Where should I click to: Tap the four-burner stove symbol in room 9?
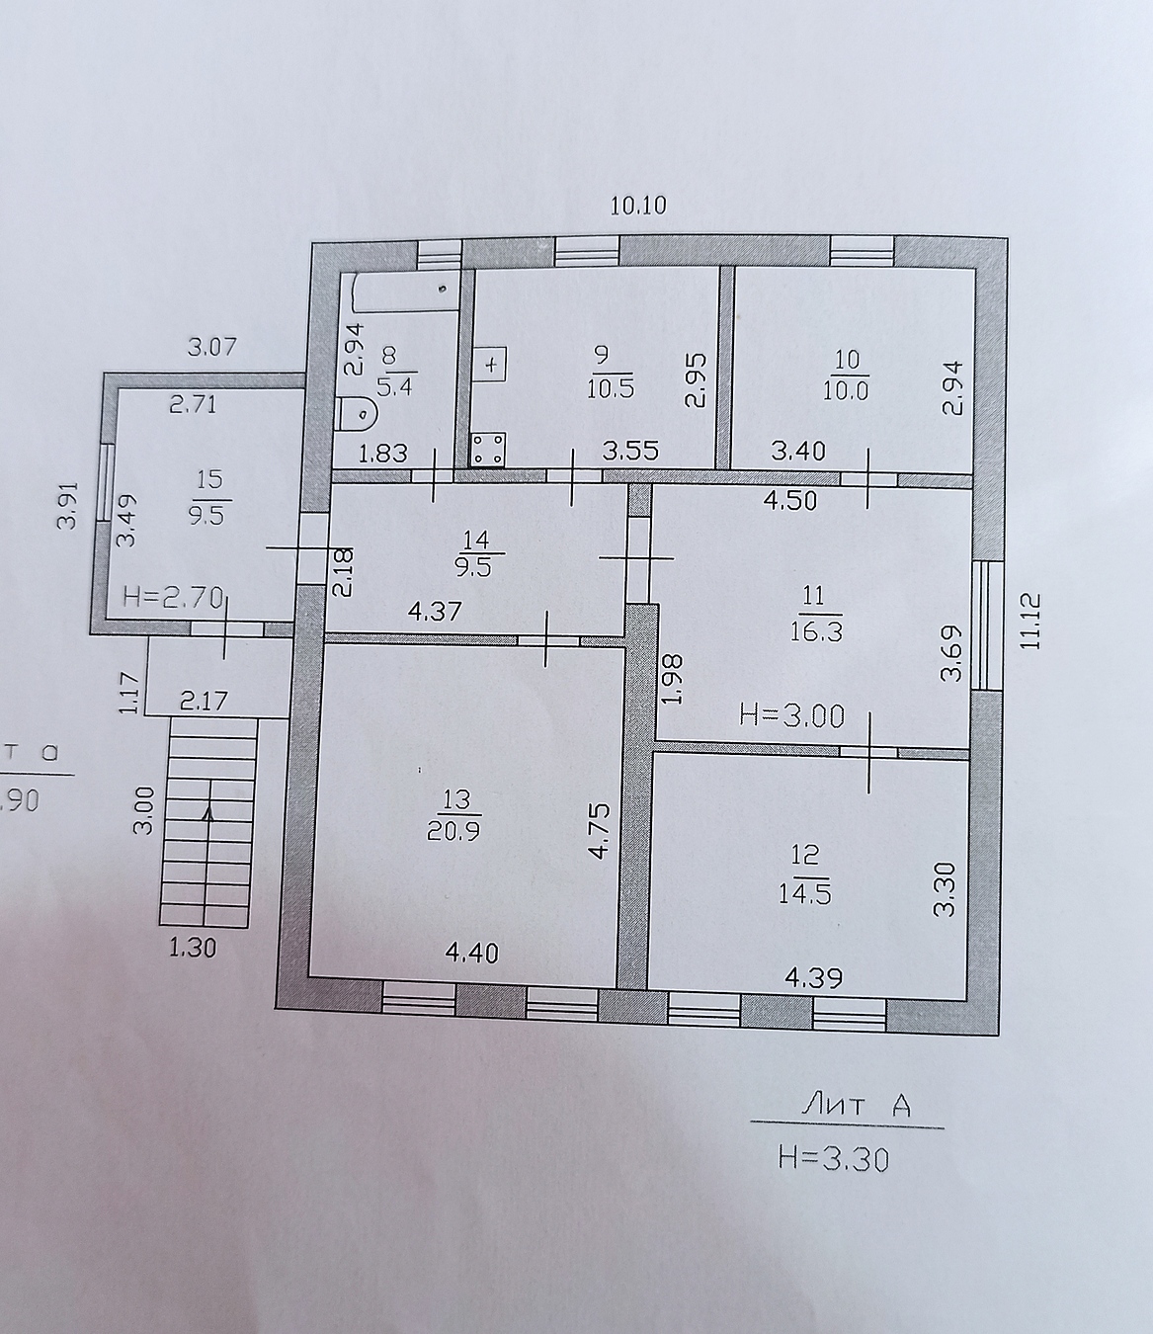coord(488,450)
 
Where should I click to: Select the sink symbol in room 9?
coord(490,365)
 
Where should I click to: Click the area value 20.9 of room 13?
coord(453,832)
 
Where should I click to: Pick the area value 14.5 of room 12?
coord(804,894)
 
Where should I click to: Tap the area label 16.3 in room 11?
coord(816,632)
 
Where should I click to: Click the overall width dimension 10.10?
coord(638,206)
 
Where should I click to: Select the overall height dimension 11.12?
coord(1031,621)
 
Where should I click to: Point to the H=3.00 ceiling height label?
coord(791,716)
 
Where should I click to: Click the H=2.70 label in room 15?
coord(173,596)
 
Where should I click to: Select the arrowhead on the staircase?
coord(208,814)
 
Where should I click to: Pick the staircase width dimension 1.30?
coord(193,948)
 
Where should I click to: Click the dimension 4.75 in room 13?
coord(599,831)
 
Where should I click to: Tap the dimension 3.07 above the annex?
coord(212,347)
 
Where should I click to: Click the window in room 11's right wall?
coord(987,625)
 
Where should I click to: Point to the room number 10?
coord(847,360)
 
